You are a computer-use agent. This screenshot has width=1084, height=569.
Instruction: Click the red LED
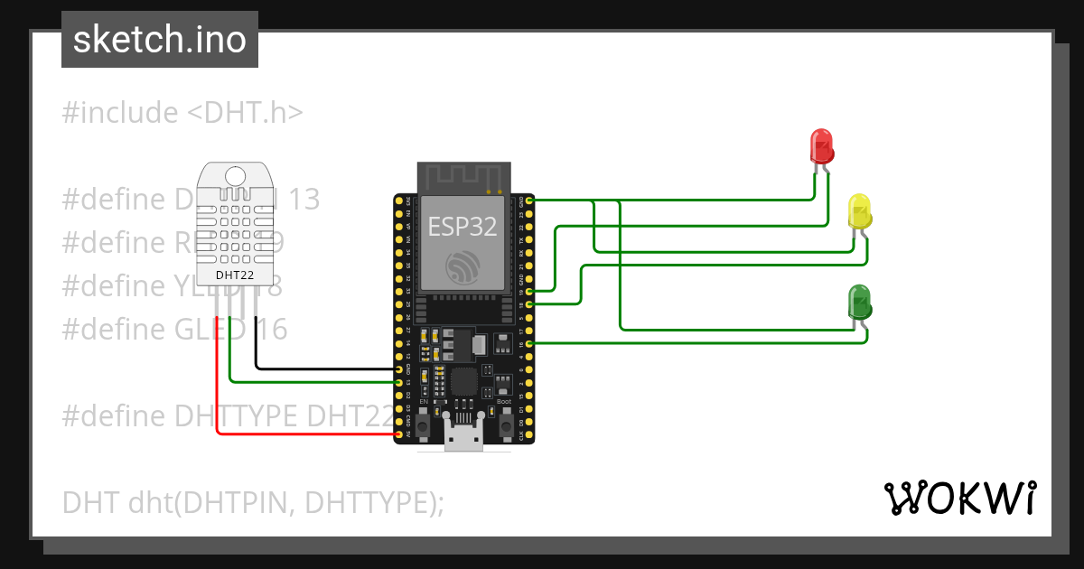pyautogui.click(x=821, y=145)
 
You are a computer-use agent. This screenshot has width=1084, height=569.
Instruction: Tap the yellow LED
pyautogui.click(x=859, y=210)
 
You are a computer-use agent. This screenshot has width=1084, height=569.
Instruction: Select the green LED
pyautogui.click(x=859, y=301)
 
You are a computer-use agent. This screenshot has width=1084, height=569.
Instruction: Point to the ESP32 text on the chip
pyautogui.click(x=463, y=226)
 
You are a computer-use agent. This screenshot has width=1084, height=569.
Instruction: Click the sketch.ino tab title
pyautogui.click(x=160, y=40)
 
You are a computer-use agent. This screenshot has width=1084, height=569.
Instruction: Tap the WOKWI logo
pyautogui.click(x=959, y=498)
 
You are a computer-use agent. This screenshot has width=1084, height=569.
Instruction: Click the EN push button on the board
pyautogui.click(x=425, y=422)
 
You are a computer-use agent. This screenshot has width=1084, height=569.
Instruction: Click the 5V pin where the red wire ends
pyautogui.click(x=399, y=434)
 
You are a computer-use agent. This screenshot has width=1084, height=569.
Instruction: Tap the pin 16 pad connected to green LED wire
pyautogui.click(x=528, y=343)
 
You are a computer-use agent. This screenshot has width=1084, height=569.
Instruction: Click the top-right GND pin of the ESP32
pyautogui.click(x=528, y=200)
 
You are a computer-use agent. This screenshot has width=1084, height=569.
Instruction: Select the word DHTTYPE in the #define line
pyautogui.click(x=235, y=415)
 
